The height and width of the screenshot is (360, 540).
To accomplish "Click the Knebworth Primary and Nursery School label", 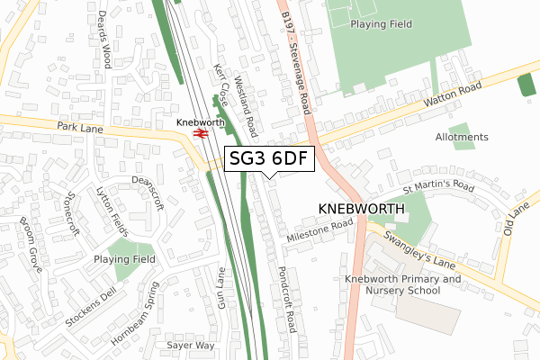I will coord(402,284).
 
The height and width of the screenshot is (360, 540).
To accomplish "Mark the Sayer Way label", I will coord(191,345).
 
